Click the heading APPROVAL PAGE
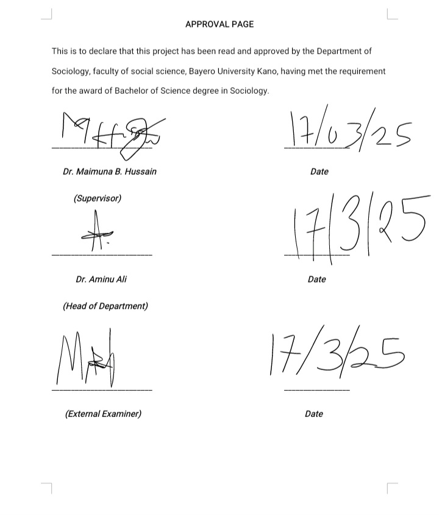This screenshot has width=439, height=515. click(x=220, y=24)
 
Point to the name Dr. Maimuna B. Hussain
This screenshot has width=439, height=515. click(x=110, y=172)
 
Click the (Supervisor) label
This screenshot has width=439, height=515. click(x=98, y=198)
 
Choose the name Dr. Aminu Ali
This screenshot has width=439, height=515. click(x=101, y=279)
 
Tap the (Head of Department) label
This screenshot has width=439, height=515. click(x=105, y=306)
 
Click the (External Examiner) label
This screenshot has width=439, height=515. click(x=103, y=414)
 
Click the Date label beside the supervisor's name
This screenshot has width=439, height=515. click(x=319, y=172)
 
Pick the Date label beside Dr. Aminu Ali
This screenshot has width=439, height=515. click(x=317, y=279)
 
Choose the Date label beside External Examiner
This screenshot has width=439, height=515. click(x=314, y=414)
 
